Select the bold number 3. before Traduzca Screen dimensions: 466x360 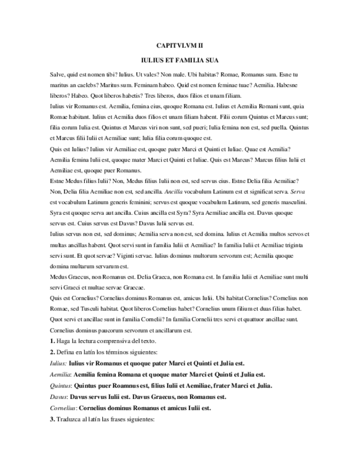(52, 418)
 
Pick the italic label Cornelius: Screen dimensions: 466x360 (63, 407)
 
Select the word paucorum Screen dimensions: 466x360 (109, 331)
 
